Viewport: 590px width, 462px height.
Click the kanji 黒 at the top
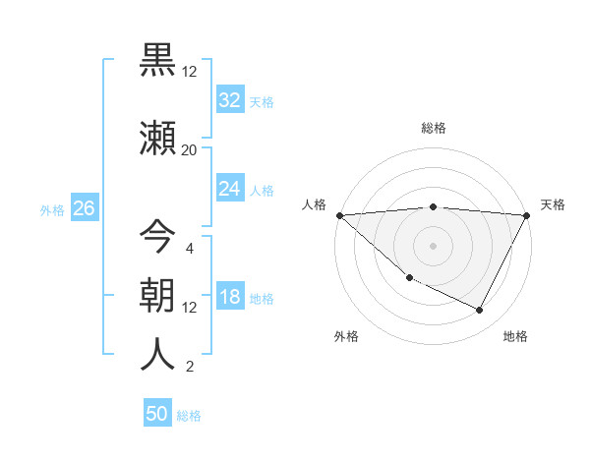(x=157, y=60)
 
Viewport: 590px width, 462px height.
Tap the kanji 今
(x=157, y=237)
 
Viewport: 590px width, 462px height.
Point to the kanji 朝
(x=157, y=296)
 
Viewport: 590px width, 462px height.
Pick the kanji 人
(x=157, y=355)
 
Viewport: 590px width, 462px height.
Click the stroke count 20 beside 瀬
(x=189, y=149)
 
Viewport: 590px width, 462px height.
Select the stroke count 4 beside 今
(x=189, y=248)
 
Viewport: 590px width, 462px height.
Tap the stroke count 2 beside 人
(x=189, y=367)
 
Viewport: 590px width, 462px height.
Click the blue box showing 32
(x=229, y=100)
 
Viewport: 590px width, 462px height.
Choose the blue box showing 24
(x=229, y=189)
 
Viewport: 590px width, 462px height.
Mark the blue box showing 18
(x=229, y=298)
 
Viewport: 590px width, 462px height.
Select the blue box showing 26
(x=84, y=208)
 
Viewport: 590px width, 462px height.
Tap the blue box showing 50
(x=157, y=414)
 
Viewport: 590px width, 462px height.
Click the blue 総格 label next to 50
(x=189, y=416)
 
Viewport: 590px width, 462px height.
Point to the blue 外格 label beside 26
(x=52, y=209)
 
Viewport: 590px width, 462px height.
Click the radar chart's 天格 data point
(x=527, y=215)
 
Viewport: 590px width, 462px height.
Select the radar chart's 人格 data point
(x=339, y=215)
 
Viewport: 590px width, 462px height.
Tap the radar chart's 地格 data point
(x=480, y=310)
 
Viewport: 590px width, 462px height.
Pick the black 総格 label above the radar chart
(x=433, y=128)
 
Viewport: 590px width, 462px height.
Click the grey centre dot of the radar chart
(x=433, y=246)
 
